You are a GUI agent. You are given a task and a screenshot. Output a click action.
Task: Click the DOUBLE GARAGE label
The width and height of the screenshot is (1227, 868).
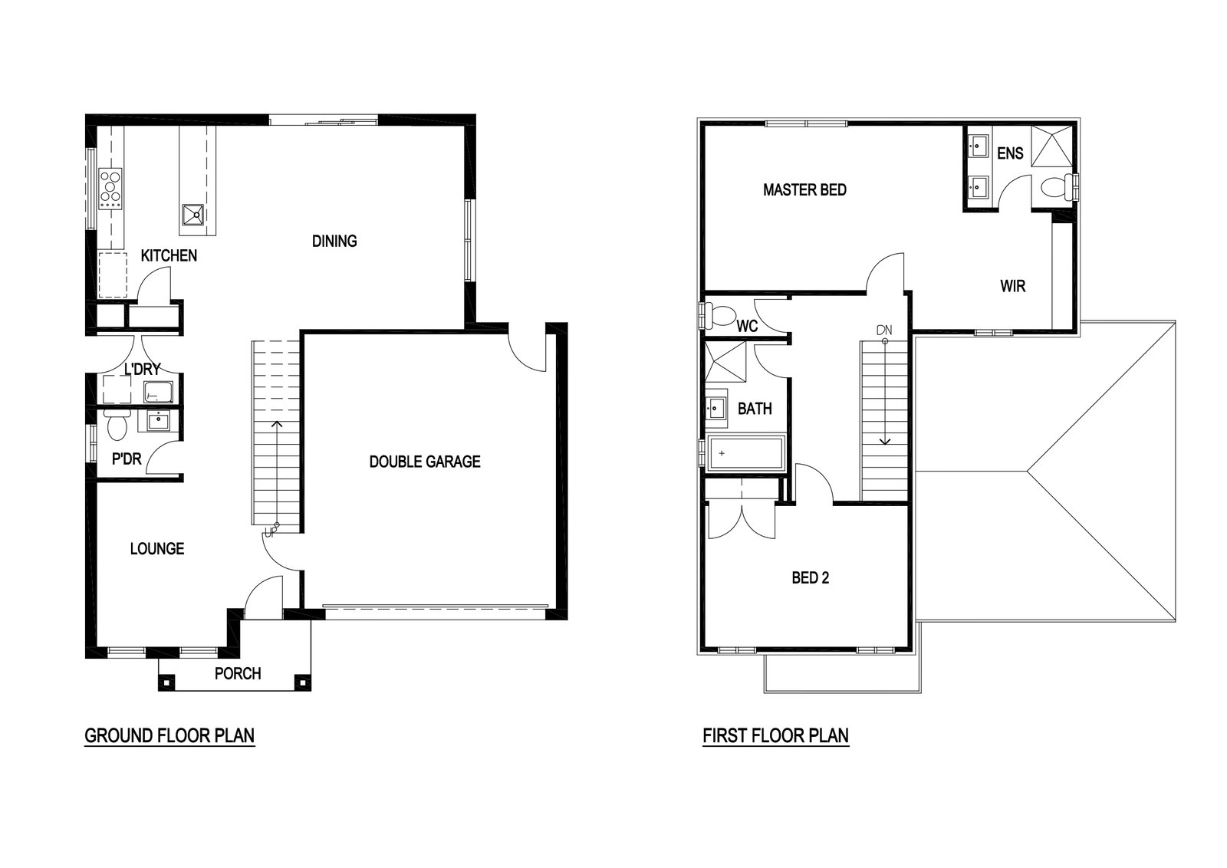pyautogui.click(x=425, y=462)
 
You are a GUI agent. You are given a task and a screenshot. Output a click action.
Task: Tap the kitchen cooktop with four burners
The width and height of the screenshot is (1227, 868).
pyautogui.click(x=110, y=188)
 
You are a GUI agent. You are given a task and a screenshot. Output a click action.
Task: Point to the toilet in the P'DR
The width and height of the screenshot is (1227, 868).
pyautogui.click(x=116, y=426)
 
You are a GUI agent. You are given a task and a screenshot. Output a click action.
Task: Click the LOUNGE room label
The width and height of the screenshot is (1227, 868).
pyautogui.click(x=157, y=549)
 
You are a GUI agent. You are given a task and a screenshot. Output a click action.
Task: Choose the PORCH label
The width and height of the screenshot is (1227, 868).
pyautogui.click(x=238, y=673)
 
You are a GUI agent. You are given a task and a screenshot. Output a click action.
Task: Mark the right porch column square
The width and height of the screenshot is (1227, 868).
pyautogui.click(x=302, y=682)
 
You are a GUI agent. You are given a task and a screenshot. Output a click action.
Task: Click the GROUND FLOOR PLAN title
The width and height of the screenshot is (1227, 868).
pyautogui.click(x=169, y=735)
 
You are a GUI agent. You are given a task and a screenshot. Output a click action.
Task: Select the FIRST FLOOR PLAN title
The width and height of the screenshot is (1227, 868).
pyautogui.click(x=775, y=735)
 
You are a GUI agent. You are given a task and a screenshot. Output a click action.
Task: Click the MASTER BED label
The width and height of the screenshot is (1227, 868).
pyautogui.click(x=804, y=190)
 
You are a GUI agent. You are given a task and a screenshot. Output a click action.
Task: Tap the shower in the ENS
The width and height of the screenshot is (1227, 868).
pyautogui.click(x=1051, y=146)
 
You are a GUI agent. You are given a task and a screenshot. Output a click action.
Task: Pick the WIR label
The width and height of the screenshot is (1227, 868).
pyautogui.click(x=1013, y=286)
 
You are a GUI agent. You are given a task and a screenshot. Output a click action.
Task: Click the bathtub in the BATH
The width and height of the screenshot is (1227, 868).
pyautogui.click(x=747, y=453)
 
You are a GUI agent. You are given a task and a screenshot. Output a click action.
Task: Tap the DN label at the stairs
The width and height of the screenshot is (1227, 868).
pyautogui.click(x=884, y=330)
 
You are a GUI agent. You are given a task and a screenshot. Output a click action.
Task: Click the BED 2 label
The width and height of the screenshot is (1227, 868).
pyautogui.click(x=810, y=577)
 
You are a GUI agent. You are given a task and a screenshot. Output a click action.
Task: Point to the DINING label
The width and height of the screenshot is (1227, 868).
pyautogui.click(x=334, y=241)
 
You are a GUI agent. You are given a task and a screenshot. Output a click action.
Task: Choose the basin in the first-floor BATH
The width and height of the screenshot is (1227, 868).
pyautogui.click(x=715, y=408)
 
